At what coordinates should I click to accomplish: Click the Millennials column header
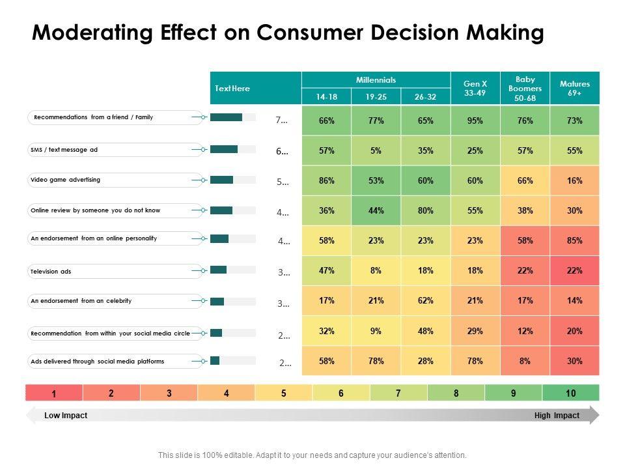click(x=376, y=79)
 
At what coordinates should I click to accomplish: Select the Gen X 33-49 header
click(x=475, y=88)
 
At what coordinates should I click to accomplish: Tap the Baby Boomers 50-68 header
click(x=525, y=88)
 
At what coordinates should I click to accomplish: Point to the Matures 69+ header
click(x=574, y=88)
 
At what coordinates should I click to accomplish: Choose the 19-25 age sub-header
click(x=376, y=96)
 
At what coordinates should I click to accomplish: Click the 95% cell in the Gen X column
click(x=475, y=121)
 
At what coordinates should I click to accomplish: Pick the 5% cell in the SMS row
click(x=376, y=150)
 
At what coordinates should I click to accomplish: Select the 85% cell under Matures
click(x=574, y=240)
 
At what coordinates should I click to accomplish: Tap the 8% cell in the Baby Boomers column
click(x=525, y=361)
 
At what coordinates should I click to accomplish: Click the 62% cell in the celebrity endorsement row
click(x=426, y=300)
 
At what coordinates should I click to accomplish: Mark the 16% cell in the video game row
click(x=574, y=180)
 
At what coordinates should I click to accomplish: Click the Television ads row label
click(x=51, y=271)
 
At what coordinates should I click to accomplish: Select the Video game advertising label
click(x=66, y=179)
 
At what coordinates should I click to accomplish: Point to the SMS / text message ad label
click(x=64, y=149)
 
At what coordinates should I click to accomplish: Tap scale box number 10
click(x=571, y=393)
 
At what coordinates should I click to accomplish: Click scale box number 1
click(x=54, y=393)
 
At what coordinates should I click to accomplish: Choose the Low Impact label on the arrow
click(x=66, y=416)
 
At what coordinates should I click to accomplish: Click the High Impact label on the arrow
click(x=557, y=416)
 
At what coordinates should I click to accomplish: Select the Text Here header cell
click(x=232, y=89)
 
